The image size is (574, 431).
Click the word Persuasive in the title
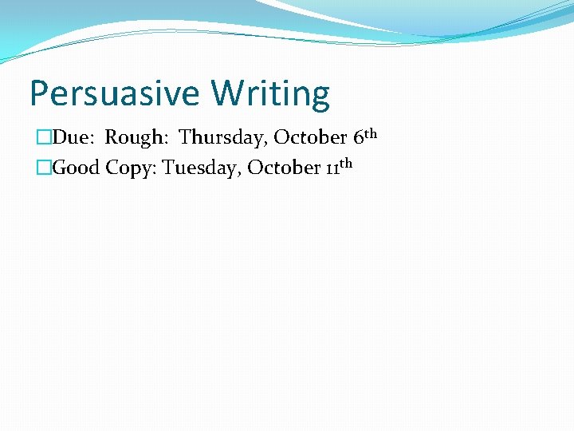click(114, 94)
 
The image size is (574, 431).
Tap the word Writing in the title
click(270, 94)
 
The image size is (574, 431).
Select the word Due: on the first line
click(75, 138)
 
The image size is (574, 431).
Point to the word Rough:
click(137, 138)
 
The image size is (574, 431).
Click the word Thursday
click(223, 138)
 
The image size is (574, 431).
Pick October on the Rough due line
click(310, 138)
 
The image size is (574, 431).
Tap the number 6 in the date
click(357, 138)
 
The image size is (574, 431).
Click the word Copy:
click(132, 169)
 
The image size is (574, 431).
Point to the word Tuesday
click(201, 168)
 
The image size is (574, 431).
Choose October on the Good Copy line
click(283, 168)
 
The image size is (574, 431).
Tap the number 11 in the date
click(329, 169)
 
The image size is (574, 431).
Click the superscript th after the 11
click(344, 164)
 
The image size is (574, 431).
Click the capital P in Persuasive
click(38, 94)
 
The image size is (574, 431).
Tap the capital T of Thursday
click(186, 138)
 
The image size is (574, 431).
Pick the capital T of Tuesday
click(169, 168)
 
